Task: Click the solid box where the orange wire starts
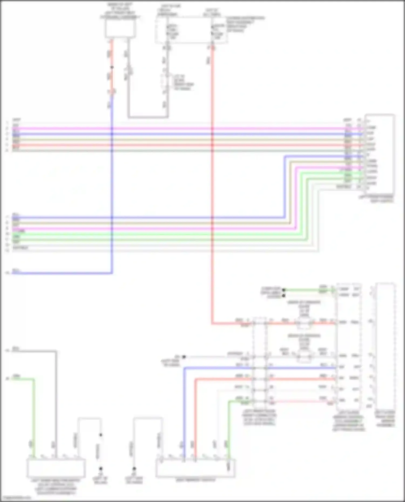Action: (120, 29)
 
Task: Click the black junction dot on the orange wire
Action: (112, 67)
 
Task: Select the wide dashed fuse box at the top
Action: (191, 30)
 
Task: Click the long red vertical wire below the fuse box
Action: (212, 189)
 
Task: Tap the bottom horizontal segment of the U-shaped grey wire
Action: (148, 117)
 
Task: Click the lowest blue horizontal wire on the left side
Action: (62, 273)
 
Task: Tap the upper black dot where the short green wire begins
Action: (284, 290)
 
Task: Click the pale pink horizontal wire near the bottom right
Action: (300, 401)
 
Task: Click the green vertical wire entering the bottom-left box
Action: (34, 418)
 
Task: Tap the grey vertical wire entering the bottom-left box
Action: (56, 405)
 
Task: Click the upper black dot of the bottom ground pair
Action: (101, 435)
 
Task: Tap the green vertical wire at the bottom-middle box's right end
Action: (229, 432)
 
